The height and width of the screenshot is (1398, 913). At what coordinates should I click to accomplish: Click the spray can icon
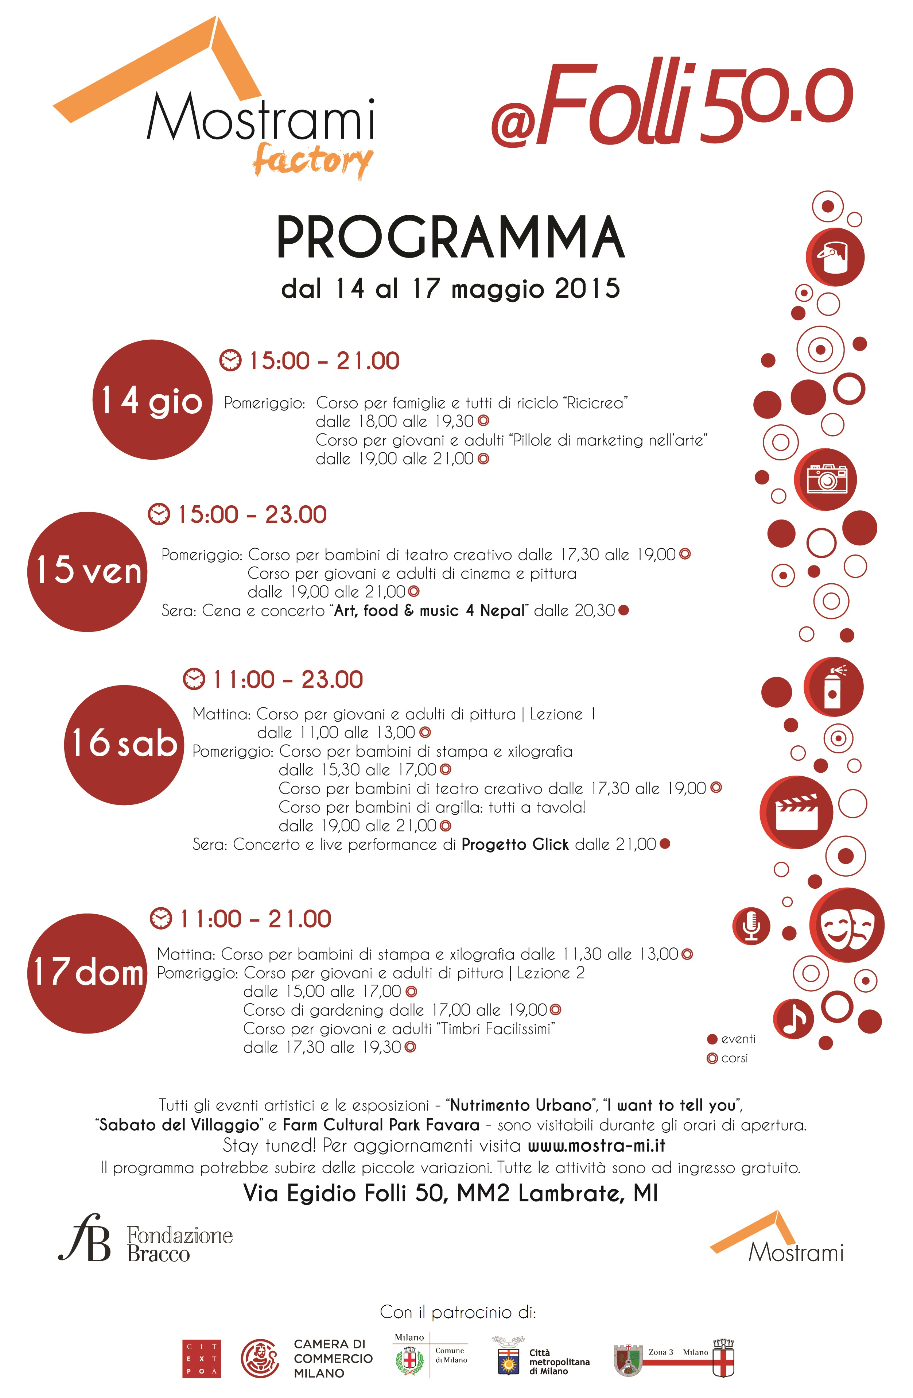833,687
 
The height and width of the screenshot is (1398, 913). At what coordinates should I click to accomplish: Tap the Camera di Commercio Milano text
333,1358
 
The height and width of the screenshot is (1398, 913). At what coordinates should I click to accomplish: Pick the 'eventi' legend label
738,1039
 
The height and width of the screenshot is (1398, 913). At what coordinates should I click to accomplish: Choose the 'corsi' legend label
734,1058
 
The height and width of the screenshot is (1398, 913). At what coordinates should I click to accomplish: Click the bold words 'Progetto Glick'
515,844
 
